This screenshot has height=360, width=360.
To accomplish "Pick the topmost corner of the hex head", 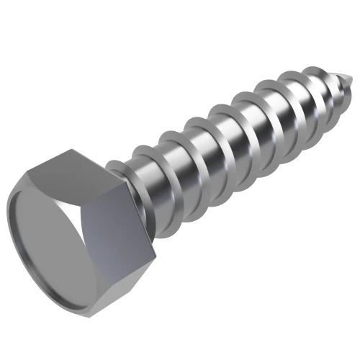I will point(72,149).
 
